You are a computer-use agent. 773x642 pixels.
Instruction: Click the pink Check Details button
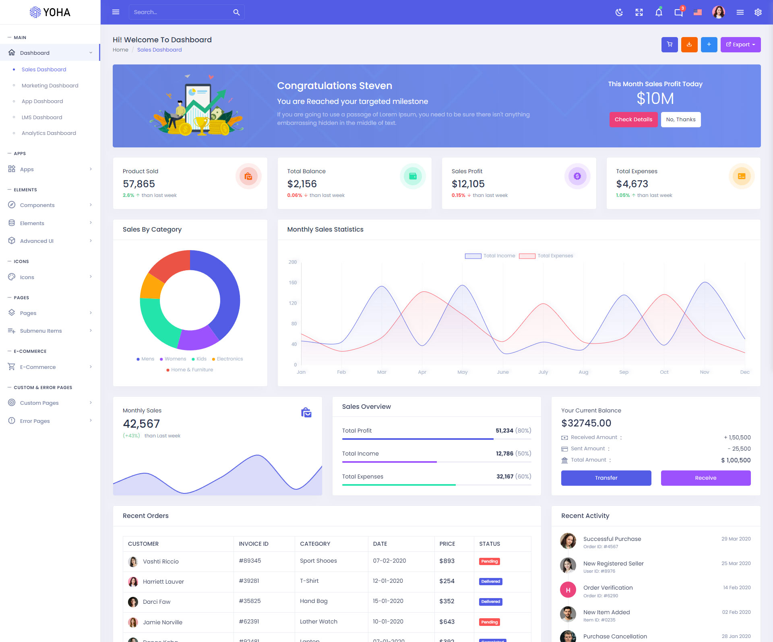pyautogui.click(x=633, y=120)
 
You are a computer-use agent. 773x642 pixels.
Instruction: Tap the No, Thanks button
pyautogui.click(x=680, y=120)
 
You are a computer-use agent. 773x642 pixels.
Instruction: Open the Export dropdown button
pyautogui.click(x=740, y=45)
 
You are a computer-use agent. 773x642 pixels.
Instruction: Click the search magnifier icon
pyautogui.click(x=236, y=12)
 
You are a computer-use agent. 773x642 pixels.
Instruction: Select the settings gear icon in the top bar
pyautogui.click(x=758, y=12)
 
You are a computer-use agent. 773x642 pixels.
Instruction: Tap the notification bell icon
pyautogui.click(x=659, y=12)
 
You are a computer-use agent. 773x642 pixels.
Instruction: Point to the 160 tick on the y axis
pyautogui.click(x=293, y=283)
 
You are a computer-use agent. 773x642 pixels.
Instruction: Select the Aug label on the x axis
pyautogui.click(x=583, y=372)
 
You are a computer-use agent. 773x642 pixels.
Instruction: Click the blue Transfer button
pyautogui.click(x=606, y=478)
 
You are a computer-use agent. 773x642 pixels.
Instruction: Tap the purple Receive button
pyautogui.click(x=705, y=478)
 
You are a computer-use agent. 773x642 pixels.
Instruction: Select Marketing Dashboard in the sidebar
pyautogui.click(x=50, y=85)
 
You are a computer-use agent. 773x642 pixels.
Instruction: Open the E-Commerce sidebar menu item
pyautogui.click(x=38, y=367)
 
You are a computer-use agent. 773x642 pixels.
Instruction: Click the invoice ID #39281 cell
pyautogui.click(x=249, y=581)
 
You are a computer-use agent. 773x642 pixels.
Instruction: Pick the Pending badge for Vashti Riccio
pyautogui.click(x=489, y=561)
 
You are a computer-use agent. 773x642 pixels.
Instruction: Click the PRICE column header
pyautogui.click(x=447, y=544)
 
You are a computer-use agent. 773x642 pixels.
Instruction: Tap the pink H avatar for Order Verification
pyautogui.click(x=568, y=590)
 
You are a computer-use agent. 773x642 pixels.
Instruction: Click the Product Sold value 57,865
pyautogui.click(x=139, y=184)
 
